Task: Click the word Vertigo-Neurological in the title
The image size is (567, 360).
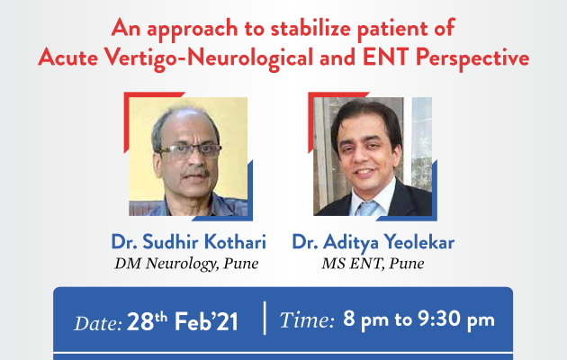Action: (209, 58)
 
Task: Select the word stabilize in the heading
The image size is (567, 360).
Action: (310, 28)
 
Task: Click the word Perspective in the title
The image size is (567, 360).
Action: (472, 58)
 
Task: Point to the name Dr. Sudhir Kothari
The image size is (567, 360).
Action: (189, 241)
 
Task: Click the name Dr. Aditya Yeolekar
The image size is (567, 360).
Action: (373, 242)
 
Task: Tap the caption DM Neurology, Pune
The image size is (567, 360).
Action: (186, 264)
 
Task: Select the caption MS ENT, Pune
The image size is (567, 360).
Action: (373, 264)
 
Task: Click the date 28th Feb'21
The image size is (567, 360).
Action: (183, 321)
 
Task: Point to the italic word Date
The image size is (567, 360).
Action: (98, 323)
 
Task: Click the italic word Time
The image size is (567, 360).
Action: (307, 320)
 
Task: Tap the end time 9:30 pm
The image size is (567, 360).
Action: (456, 319)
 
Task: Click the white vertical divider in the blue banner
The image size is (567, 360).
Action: (265, 318)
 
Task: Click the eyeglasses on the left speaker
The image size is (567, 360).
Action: (190, 150)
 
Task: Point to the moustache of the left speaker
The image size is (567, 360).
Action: (196, 172)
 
